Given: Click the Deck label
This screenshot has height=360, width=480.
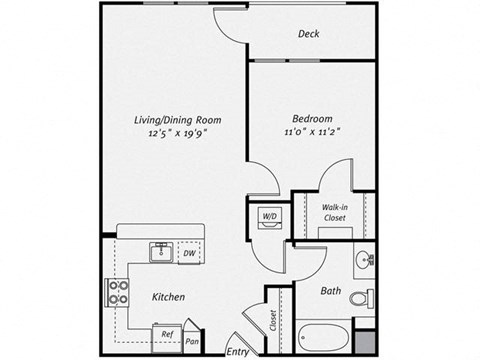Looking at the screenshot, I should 309,34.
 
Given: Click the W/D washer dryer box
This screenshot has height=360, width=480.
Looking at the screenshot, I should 268,217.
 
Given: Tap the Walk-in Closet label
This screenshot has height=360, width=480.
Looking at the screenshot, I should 334,212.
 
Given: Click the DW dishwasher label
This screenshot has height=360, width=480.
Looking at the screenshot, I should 189,254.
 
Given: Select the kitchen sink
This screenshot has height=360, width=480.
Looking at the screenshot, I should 160,252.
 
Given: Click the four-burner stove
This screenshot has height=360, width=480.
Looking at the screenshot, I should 117,293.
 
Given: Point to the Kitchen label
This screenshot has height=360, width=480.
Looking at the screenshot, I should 167,297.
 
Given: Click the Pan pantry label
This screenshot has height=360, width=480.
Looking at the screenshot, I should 192,341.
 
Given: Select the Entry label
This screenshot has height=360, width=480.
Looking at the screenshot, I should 237,351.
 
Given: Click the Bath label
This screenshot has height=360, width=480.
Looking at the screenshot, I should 332,292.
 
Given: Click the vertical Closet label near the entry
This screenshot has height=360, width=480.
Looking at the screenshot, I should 272,320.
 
